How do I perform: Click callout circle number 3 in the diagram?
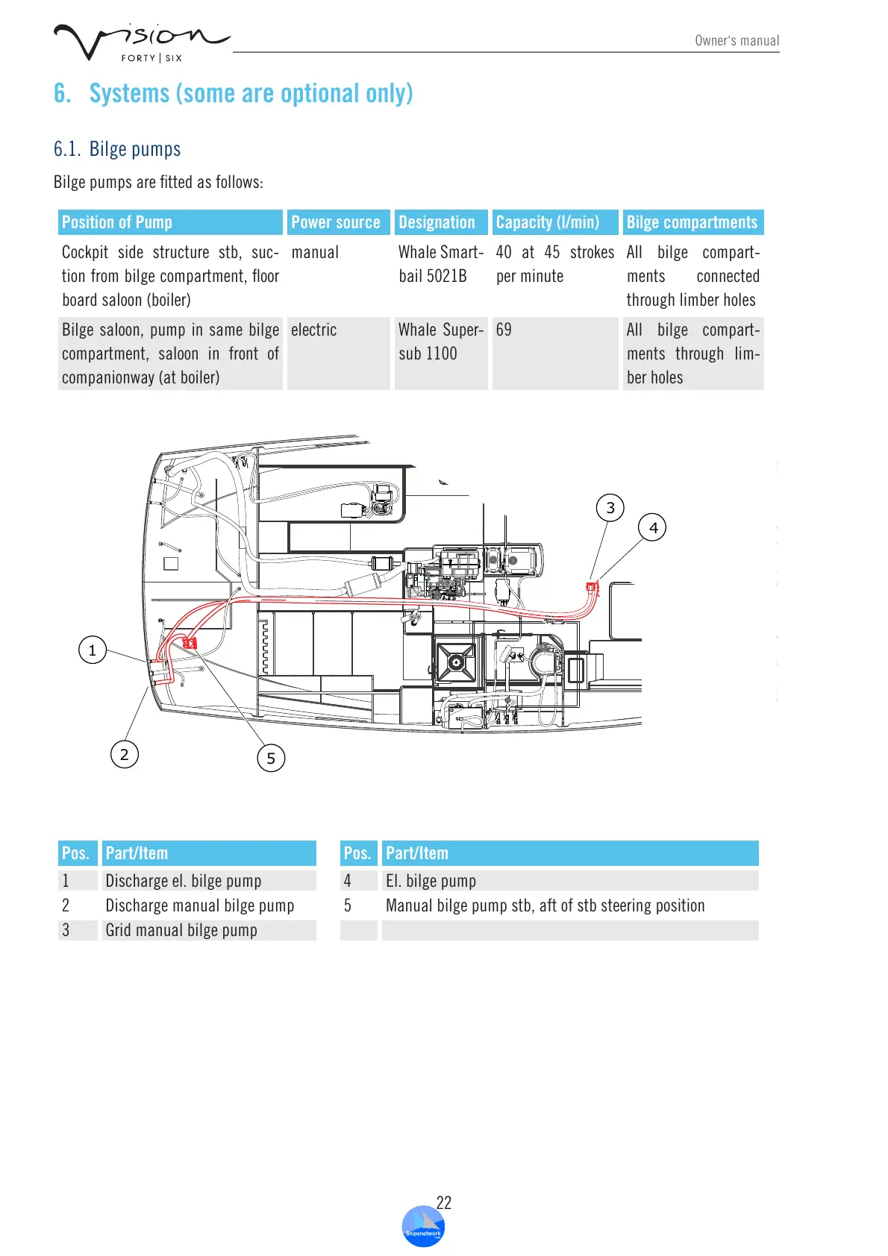point(610,508)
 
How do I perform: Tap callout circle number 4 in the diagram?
point(653,528)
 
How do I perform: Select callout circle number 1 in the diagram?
point(93,650)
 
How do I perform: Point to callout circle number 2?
point(125,755)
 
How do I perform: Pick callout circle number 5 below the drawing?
point(271,759)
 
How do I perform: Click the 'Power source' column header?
point(336,222)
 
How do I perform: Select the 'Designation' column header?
point(437,222)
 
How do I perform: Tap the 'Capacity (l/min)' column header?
point(548,222)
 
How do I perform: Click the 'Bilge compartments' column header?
point(692,222)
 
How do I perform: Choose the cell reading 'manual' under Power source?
point(315,253)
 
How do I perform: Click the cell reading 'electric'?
point(314,330)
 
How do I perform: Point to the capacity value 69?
point(504,330)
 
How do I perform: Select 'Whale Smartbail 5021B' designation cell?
point(440,264)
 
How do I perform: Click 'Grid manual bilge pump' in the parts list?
point(181,930)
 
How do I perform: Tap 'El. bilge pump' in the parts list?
point(431,881)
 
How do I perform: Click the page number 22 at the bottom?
point(444,1202)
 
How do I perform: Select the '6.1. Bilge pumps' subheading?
point(117,149)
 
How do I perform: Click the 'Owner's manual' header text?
point(737,41)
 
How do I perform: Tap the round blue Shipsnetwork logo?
point(423,1228)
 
